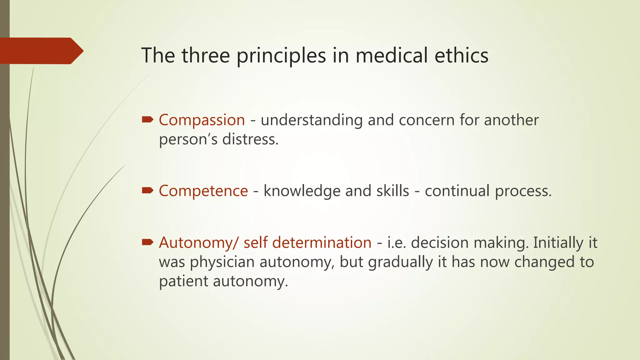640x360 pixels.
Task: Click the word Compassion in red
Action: point(202,120)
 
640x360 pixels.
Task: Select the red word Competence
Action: point(203,191)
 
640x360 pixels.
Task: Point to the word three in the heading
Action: point(206,55)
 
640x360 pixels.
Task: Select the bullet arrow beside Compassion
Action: point(147,119)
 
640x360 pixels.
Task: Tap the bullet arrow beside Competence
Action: point(147,190)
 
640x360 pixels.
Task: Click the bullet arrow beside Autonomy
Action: point(147,242)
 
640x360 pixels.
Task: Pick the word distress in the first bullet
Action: point(250,139)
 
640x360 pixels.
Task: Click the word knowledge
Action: point(302,191)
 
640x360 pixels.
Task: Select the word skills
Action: point(392,191)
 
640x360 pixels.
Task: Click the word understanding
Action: point(312,120)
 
